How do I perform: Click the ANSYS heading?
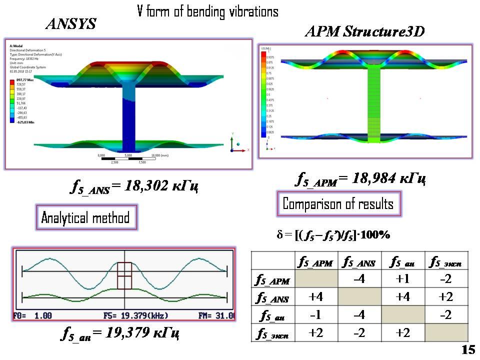click(x=70, y=23)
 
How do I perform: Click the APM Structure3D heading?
click(x=364, y=32)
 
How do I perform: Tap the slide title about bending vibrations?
click(x=207, y=11)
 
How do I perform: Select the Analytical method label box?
click(x=85, y=217)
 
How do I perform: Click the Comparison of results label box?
click(x=338, y=203)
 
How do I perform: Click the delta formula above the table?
click(x=333, y=234)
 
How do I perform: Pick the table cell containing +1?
click(x=402, y=279)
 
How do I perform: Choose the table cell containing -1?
click(x=315, y=315)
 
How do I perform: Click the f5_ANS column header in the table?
click(x=359, y=261)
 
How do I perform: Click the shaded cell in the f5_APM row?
click(x=315, y=279)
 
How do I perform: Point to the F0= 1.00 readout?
click(x=34, y=316)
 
